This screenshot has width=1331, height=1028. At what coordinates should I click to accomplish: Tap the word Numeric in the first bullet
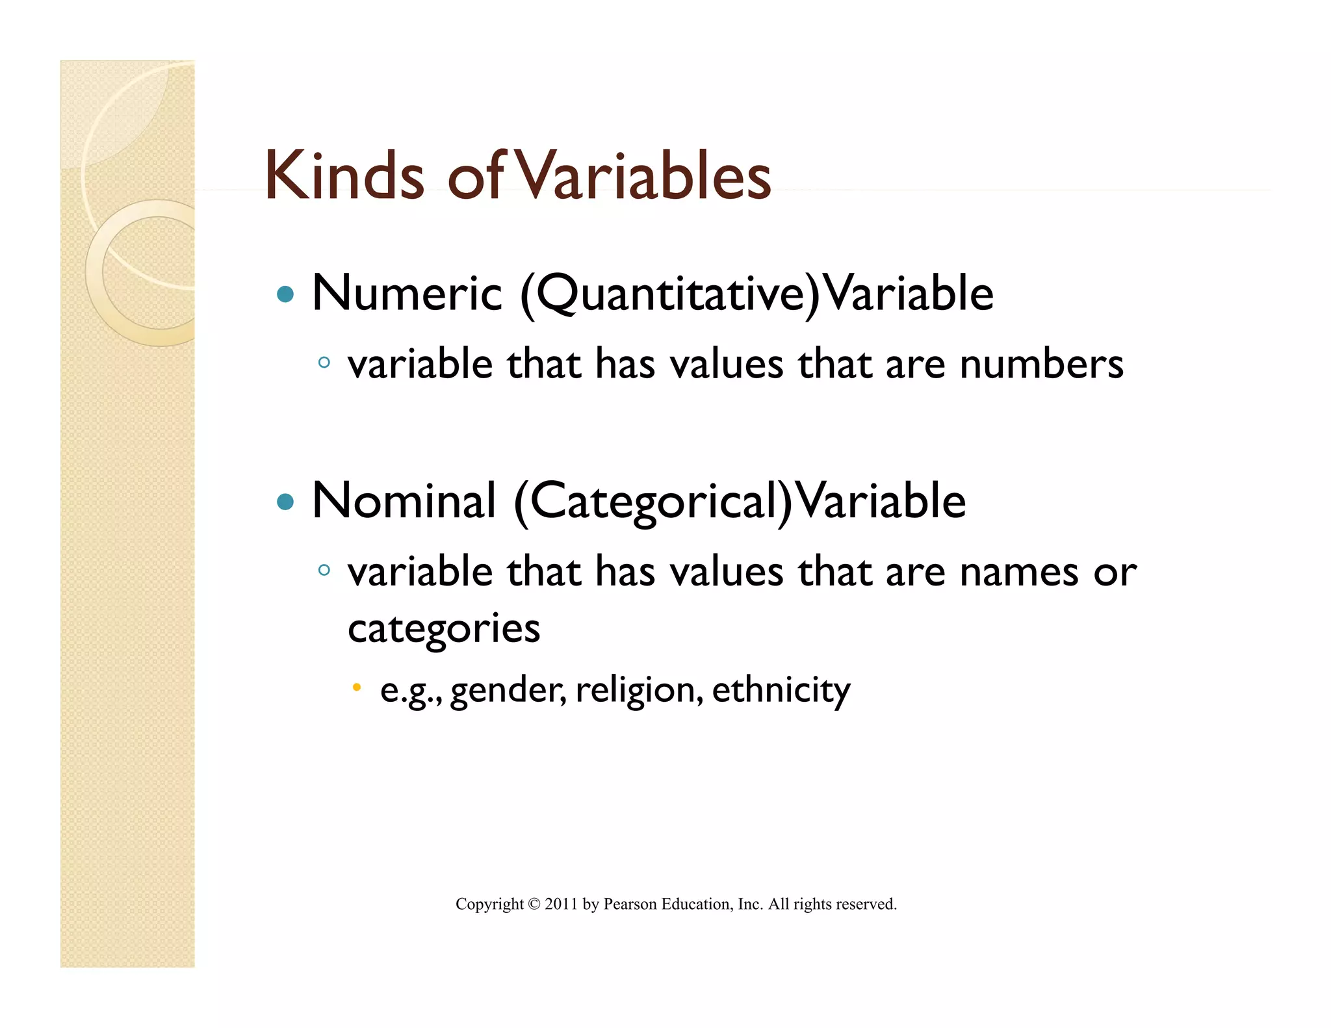(x=407, y=294)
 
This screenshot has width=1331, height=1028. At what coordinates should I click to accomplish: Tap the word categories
(x=444, y=629)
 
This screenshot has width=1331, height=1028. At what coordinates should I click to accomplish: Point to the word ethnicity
(x=781, y=690)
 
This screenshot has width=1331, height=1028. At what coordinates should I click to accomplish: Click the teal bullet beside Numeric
(x=285, y=295)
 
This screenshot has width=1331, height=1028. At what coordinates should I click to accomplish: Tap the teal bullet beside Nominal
(x=285, y=502)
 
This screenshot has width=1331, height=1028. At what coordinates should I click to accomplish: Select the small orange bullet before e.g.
(x=356, y=687)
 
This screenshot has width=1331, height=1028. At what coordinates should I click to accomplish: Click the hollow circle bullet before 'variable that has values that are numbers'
(x=324, y=363)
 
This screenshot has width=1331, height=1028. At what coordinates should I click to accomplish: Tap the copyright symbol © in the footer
(x=534, y=904)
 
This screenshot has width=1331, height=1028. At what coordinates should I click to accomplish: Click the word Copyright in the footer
(x=489, y=904)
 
